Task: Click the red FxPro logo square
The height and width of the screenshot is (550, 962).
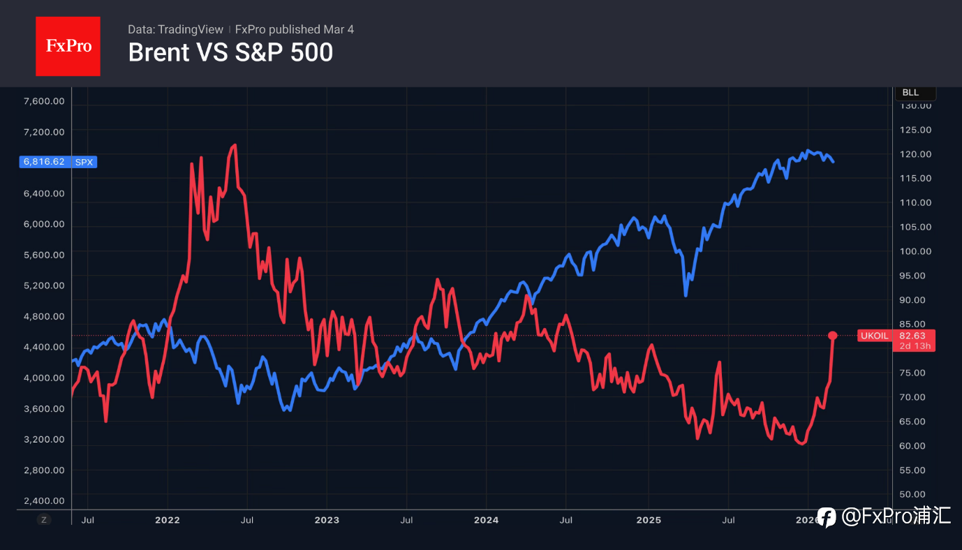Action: tap(68, 46)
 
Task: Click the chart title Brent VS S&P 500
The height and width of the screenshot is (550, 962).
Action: tap(230, 52)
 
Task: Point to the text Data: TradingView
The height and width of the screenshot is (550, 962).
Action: tap(175, 29)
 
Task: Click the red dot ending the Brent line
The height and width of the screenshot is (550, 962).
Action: tap(832, 336)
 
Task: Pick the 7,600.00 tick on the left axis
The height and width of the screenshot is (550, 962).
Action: tap(44, 101)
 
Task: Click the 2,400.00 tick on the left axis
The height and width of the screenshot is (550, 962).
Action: tap(44, 500)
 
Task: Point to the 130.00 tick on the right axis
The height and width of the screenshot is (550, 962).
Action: tap(915, 106)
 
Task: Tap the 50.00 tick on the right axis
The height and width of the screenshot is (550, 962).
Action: tap(915, 494)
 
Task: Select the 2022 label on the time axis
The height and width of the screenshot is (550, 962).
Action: tap(168, 520)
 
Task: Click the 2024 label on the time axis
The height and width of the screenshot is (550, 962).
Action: tap(486, 520)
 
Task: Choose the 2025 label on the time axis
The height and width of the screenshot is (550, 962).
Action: tap(649, 520)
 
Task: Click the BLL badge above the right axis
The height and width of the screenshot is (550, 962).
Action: tap(911, 93)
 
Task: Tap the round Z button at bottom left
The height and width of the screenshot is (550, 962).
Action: tap(44, 519)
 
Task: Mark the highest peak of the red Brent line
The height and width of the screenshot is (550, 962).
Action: tap(235, 145)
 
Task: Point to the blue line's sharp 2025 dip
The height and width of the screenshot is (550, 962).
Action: tap(686, 295)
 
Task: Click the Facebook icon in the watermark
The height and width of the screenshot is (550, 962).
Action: tap(827, 517)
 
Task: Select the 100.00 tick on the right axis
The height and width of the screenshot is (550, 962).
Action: tap(915, 251)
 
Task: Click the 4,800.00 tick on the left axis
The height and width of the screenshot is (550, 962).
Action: tap(44, 316)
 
